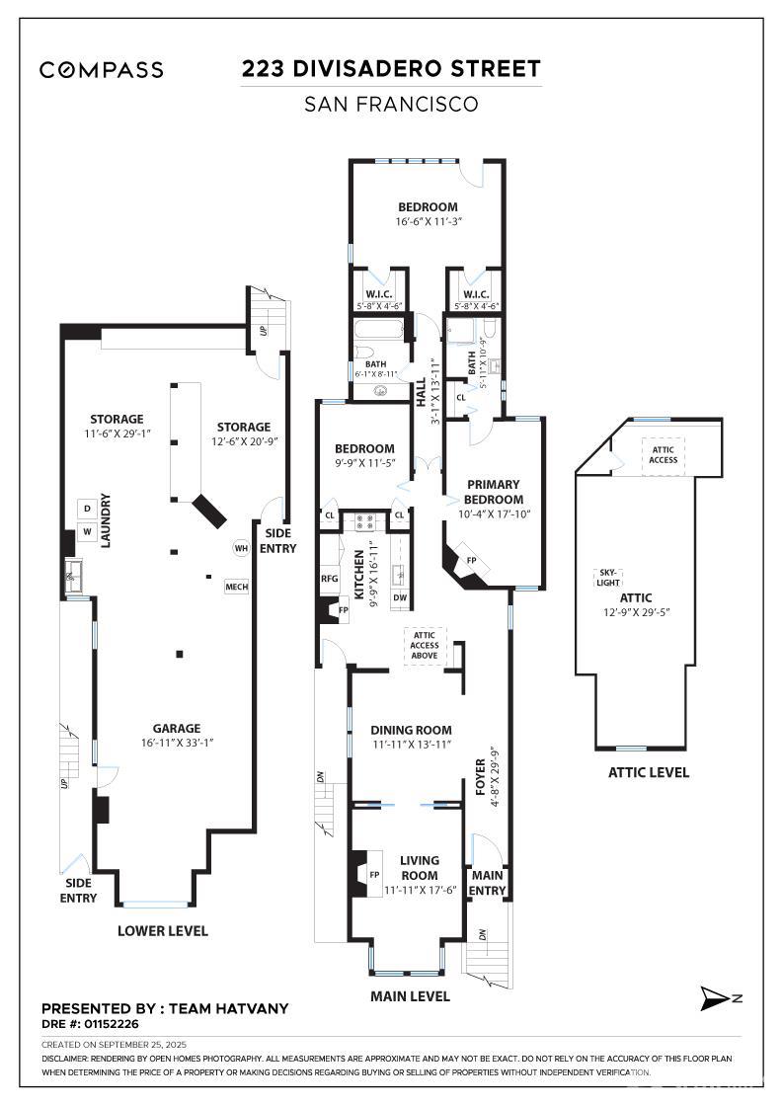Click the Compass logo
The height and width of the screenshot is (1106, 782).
point(102,69)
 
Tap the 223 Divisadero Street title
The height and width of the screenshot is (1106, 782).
point(391,68)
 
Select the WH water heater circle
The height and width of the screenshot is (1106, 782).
point(242,548)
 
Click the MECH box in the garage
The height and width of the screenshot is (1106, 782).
point(237,587)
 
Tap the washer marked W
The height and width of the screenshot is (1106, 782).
point(88,531)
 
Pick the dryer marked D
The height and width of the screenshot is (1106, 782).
point(88,509)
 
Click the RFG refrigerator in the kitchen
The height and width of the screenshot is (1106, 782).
point(330,579)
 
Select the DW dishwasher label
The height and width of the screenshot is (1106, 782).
point(400,597)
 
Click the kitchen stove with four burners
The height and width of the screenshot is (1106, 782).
point(364,522)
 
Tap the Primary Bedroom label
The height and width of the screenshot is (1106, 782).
point(493,492)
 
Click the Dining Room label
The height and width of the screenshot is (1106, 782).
point(411,730)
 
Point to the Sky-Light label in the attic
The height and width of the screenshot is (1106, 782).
point(608,578)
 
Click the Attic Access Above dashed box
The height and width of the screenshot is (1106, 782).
point(425,646)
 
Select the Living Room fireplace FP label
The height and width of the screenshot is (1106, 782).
point(374,875)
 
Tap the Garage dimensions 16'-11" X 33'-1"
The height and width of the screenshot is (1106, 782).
point(177,743)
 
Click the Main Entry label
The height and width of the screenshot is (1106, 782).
point(487,883)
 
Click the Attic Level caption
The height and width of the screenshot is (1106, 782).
point(648,772)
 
